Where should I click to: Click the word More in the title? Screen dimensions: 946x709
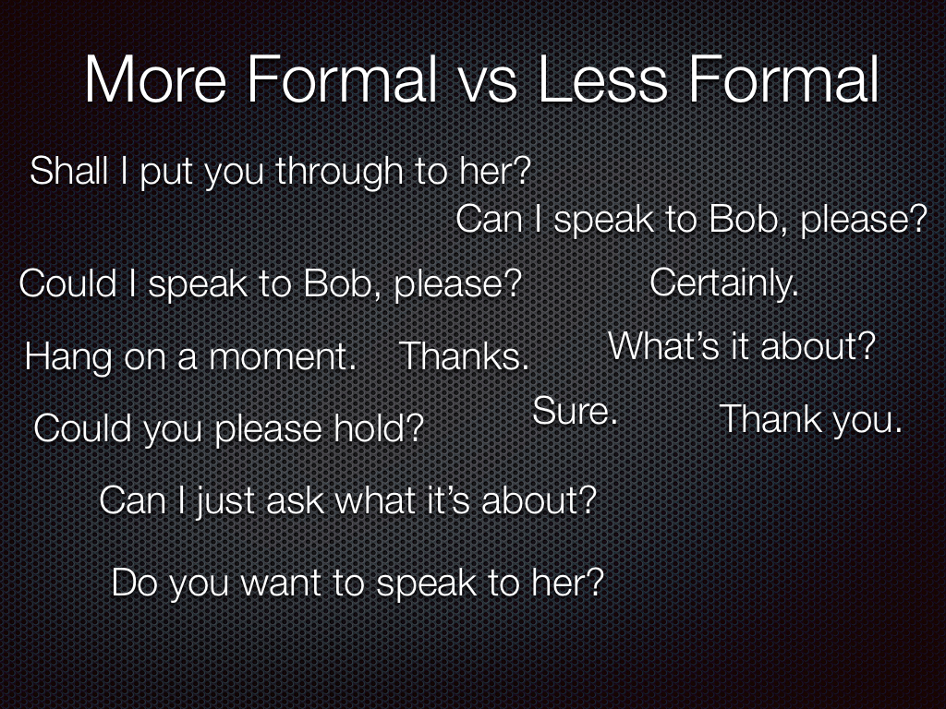(x=155, y=79)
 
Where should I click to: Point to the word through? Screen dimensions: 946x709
(x=340, y=171)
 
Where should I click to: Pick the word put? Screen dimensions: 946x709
(x=168, y=173)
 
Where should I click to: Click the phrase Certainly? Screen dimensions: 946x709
(x=723, y=284)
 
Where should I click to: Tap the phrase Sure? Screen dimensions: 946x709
(x=575, y=411)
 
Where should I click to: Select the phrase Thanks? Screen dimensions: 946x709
(x=464, y=356)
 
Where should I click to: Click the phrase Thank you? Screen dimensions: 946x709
(x=810, y=420)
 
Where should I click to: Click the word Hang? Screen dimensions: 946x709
(x=68, y=358)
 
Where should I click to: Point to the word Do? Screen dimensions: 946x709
(x=135, y=583)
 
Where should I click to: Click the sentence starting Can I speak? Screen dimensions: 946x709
(x=691, y=220)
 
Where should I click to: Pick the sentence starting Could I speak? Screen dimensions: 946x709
(x=271, y=284)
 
